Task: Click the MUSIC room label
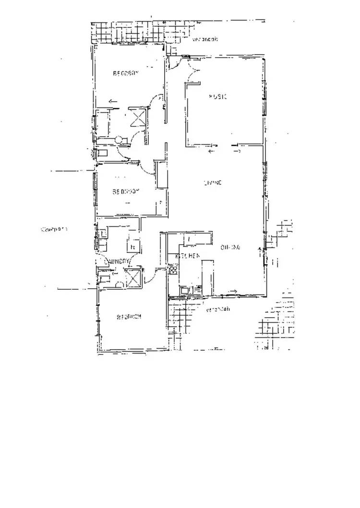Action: coord(217,96)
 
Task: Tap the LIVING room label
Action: coord(212,183)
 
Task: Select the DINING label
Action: coord(230,248)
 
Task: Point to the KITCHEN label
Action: coord(187,256)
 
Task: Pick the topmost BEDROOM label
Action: coord(125,73)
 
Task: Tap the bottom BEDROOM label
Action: coord(129,317)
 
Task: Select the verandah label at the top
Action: coord(205,40)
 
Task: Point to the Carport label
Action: coord(54,229)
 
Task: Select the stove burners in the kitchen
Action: coord(173,270)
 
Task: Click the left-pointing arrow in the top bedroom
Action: coord(113,101)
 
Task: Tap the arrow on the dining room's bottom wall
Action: coord(234,291)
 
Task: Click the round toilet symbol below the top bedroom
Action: coord(119,140)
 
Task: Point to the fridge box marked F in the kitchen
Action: coord(190,238)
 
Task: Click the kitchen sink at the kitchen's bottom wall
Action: coord(185,289)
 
